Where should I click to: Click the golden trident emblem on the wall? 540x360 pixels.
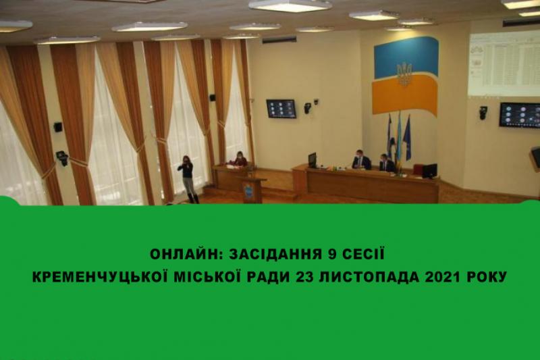pos(404,74)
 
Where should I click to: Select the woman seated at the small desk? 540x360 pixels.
pos(241,159)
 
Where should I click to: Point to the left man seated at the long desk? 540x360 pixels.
pos(361,160)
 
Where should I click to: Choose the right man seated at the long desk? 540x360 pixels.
pos(387,163)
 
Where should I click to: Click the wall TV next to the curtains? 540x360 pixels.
pos(281,109)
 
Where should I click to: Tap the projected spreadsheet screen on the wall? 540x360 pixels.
pos(504,64)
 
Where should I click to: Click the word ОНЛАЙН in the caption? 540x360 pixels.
pos(186,254)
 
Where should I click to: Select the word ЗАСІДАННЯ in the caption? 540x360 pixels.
pos(275,254)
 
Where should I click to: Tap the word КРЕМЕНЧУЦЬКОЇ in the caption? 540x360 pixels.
pos(100,277)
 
